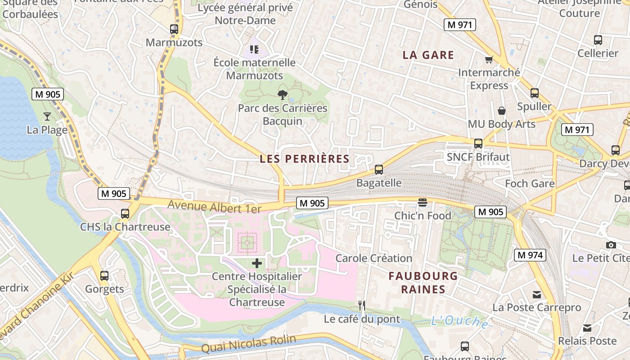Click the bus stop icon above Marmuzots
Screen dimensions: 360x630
(x=174, y=29)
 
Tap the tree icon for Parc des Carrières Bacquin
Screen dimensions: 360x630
(x=282, y=95)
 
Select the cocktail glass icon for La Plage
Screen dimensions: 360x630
(x=47, y=117)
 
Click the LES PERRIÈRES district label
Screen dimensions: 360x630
(x=305, y=159)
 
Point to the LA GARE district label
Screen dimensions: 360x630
(x=428, y=55)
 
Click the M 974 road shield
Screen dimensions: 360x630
(x=530, y=255)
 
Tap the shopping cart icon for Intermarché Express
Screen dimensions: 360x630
(x=489, y=59)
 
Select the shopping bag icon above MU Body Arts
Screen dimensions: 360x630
(x=501, y=111)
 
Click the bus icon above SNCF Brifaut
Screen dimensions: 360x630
(x=478, y=144)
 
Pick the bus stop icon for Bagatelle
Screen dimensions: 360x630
(x=379, y=170)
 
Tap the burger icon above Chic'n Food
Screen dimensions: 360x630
(x=422, y=202)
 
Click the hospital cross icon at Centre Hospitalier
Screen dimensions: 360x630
(x=257, y=263)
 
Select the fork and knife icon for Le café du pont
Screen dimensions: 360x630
(x=361, y=306)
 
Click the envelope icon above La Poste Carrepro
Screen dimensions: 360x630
(x=536, y=294)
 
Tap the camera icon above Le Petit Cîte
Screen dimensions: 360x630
(x=611, y=245)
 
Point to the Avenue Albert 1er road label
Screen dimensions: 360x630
(x=214, y=207)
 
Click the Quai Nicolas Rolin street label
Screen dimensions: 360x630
(x=248, y=344)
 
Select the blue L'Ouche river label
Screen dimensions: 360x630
(x=459, y=321)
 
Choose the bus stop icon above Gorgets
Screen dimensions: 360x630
(x=104, y=275)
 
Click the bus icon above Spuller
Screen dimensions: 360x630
(x=534, y=93)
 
